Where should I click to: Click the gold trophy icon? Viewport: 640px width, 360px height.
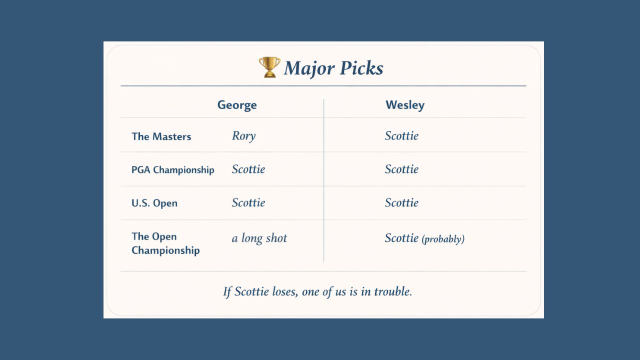click(269, 67)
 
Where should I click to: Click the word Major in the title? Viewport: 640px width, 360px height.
click(306, 68)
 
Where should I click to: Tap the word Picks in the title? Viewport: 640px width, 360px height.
click(359, 68)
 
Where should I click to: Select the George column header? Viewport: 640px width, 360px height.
click(237, 105)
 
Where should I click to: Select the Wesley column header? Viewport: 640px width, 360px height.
click(405, 105)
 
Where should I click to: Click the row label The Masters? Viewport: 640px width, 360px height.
click(161, 136)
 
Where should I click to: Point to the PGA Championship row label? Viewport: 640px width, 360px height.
click(172, 170)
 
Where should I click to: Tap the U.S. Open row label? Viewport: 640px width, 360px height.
click(154, 203)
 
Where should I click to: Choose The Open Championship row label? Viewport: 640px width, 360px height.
click(165, 243)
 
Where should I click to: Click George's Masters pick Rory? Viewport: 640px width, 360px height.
click(243, 136)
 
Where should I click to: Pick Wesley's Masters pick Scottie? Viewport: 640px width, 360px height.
click(401, 136)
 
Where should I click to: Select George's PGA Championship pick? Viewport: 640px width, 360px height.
click(248, 169)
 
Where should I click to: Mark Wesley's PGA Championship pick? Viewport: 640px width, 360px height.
click(401, 169)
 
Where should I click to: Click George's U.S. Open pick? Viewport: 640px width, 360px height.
click(248, 203)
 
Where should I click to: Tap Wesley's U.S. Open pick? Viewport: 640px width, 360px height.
click(401, 203)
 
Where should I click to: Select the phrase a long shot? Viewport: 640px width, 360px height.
click(259, 238)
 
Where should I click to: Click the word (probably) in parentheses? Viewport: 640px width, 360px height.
click(443, 239)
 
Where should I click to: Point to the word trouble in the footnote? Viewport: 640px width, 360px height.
click(393, 291)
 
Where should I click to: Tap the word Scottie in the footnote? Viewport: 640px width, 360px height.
click(251, 291)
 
